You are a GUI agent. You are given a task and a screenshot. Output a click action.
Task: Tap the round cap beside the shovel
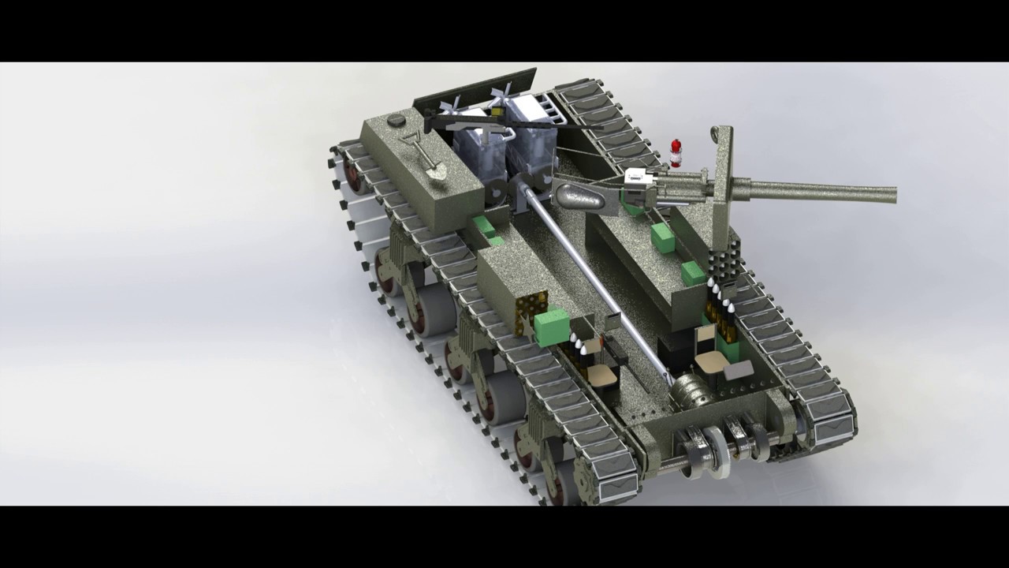click(x=397, y=121)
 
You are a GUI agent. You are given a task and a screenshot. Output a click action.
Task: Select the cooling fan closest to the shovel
click(x=456, y=107)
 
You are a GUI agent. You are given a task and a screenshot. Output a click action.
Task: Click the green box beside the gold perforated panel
click(x=552, y=323)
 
